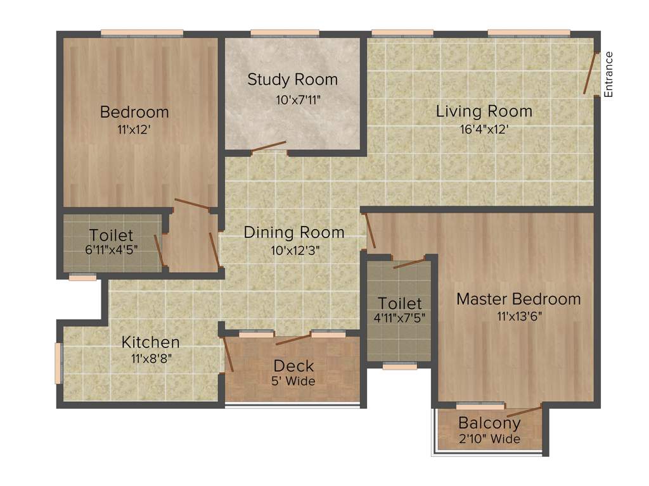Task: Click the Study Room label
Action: tap(292, 80)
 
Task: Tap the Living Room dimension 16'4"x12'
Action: tap(484, 128)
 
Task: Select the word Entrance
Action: tap(609, 74)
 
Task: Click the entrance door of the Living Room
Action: tap(591, 73)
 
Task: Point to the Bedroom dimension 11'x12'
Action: tap(134, 128)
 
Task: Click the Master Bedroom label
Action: tap(518, 299)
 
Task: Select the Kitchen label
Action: tap(150, 342)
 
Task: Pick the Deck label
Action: tap(293, 366)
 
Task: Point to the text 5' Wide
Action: tap(293, 381)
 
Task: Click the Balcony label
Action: tap(489, 423)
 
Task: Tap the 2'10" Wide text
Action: tap(489, 439)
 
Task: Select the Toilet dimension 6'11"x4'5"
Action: tap(112, 249)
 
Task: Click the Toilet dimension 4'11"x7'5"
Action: tap(399, 317)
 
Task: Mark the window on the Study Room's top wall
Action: tap(285, 33)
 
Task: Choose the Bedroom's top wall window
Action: tap(142, 33)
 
